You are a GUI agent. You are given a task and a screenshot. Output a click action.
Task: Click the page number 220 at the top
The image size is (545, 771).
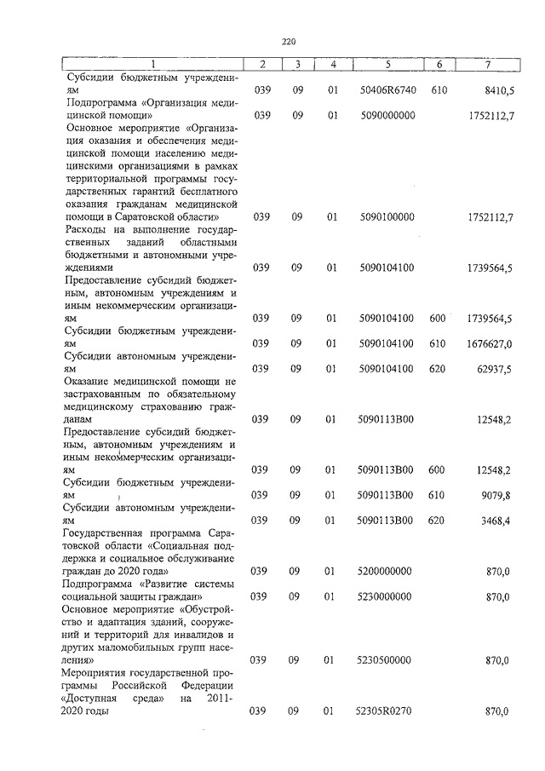[x=287, y=40]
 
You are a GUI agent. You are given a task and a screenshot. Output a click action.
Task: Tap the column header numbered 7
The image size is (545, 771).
[x=487, y=65]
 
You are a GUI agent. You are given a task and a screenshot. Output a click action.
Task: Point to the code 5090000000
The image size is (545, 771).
[x=386, y=115]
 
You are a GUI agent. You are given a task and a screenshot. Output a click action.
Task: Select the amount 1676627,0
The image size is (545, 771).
[x=489, y=343]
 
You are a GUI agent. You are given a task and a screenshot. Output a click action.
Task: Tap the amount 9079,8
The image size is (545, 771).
[x=496, y=495]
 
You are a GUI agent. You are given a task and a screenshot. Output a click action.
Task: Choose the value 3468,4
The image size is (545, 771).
[x=496, y=521]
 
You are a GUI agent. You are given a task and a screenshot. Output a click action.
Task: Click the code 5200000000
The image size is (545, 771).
[x=386, y=571]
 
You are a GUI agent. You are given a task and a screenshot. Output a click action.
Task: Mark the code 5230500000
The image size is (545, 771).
[x=386, y=660]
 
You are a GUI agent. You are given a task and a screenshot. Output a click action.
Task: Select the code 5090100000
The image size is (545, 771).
[x=386, y=217]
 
